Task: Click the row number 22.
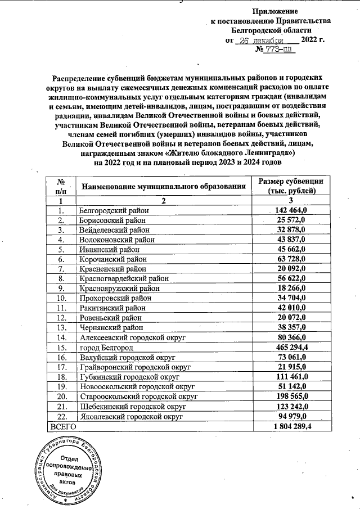click(x=61, y=416)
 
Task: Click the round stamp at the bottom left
click(x=63, y=468)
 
